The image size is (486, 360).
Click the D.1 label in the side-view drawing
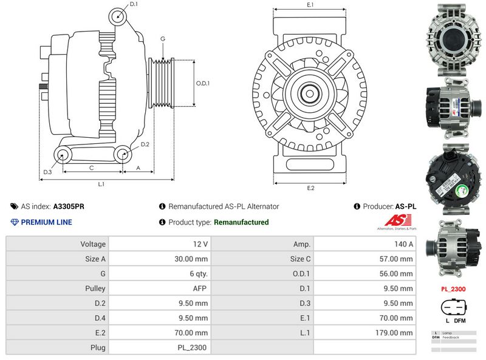point(134,4)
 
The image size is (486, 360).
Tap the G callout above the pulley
point(163,39)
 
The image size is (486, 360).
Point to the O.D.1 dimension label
point(203,83)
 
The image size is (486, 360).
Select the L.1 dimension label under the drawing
point(101,183)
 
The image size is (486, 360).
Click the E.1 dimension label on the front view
point(310,5)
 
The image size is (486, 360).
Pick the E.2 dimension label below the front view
point(310,188)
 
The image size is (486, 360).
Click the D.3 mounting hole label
point(47,172)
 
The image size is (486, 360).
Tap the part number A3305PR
point(69,206)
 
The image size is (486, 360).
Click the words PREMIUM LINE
point(46,222)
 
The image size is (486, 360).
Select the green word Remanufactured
point(241,222)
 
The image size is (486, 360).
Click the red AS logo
point(395,221)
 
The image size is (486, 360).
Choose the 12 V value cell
point(200,244)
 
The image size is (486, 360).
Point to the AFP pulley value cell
point(200,288)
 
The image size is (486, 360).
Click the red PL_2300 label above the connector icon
point(453,289)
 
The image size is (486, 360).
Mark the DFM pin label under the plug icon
point(460,320)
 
